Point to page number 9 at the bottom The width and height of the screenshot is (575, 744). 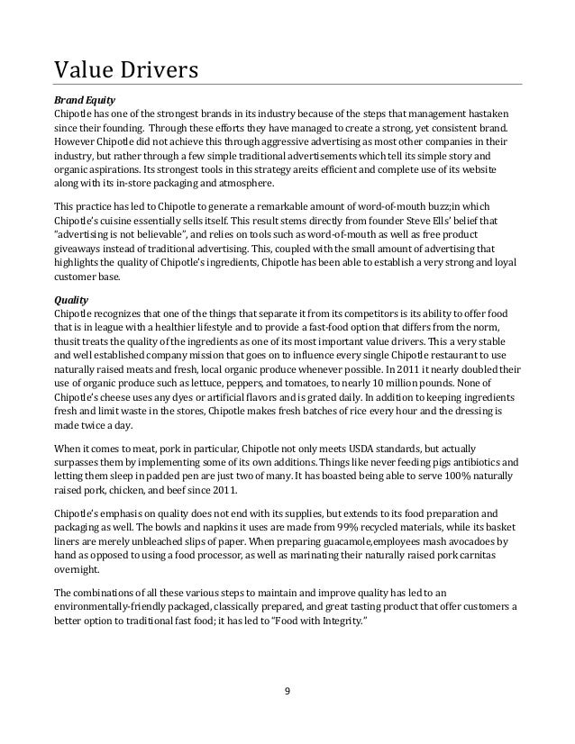point(287,693)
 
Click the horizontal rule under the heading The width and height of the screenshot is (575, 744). point(287,85)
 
